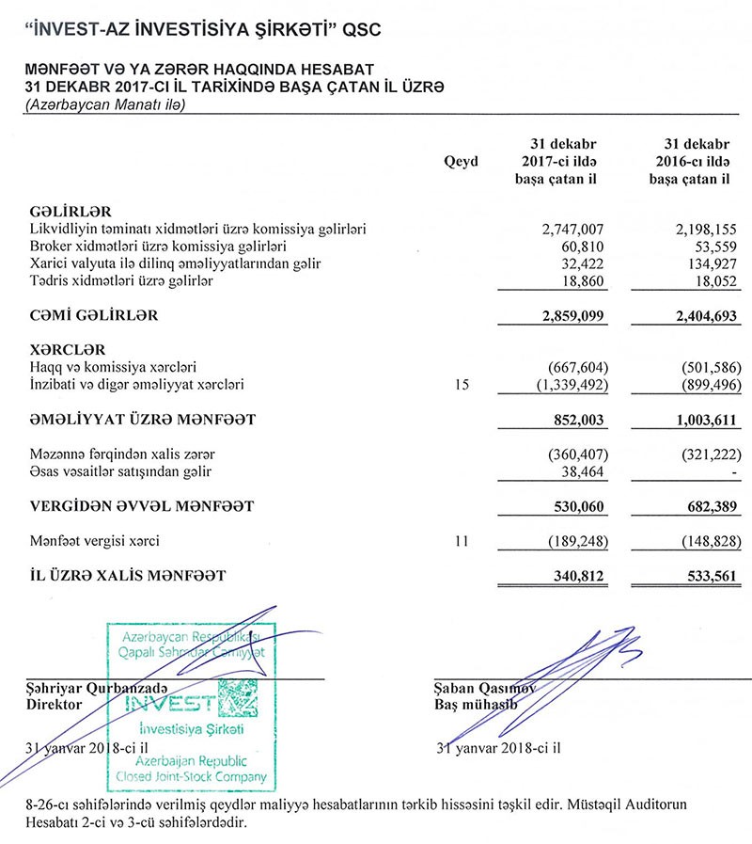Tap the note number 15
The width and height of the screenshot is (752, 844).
461,385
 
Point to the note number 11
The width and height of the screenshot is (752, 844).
461,541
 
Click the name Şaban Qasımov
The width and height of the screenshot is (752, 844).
484,688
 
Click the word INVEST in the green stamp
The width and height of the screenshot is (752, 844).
171,704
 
